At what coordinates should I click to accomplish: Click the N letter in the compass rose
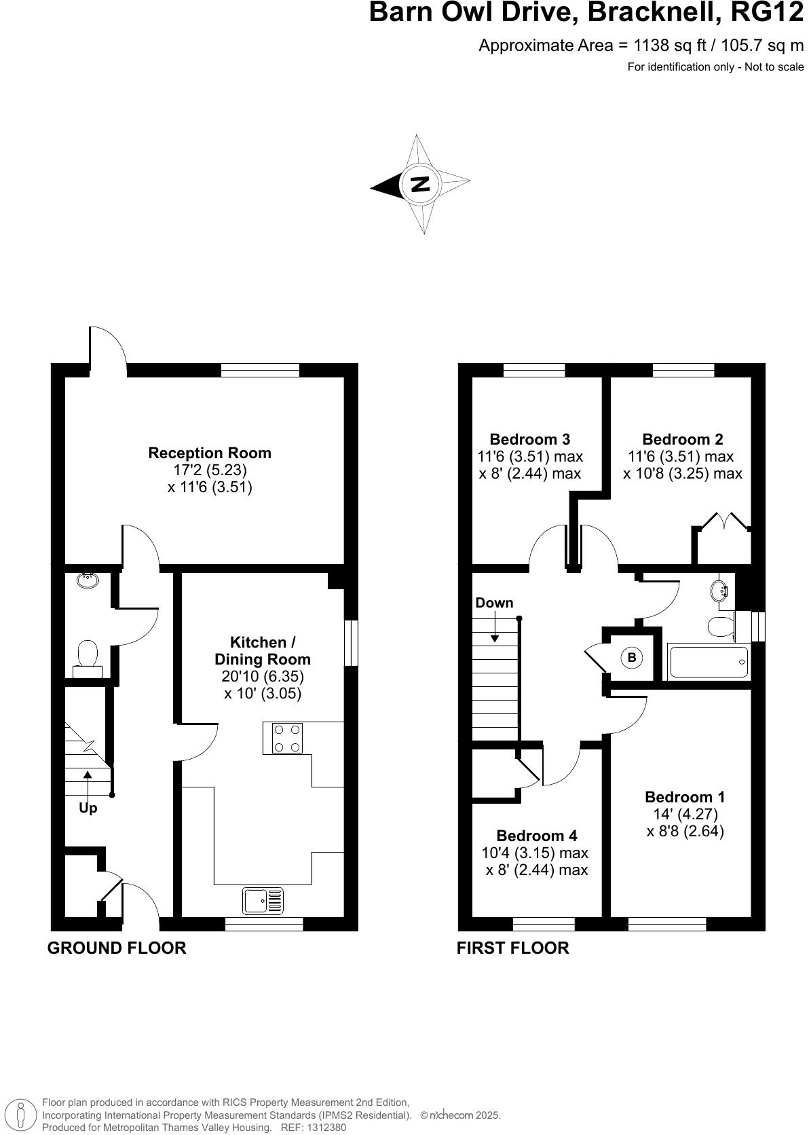pos(421,183)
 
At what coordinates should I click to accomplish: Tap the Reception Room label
pos(210,453)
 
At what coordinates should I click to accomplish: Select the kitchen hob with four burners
pos(286,739)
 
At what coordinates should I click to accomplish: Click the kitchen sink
pos(263,901)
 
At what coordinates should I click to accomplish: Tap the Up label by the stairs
pos(88,808)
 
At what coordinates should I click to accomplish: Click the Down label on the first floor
pos(494,603)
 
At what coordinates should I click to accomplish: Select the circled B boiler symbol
pos(632,657)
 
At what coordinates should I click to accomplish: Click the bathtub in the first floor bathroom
pos(709,662)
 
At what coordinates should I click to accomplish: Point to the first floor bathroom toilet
pos(719,626)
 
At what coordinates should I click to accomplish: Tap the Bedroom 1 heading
pos(685,797)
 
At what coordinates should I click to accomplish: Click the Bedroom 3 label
pos(529,439)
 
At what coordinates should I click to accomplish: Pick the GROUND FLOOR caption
pos(117,948)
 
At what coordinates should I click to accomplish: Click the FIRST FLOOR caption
pos(512,948)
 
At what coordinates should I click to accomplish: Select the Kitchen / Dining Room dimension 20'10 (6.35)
pos(263,677)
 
